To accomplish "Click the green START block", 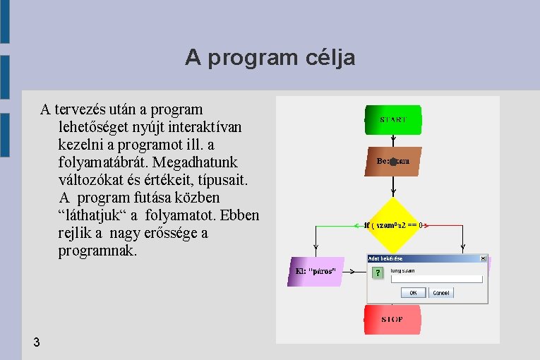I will [x=392, y=119].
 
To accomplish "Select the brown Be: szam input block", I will [x=393, y=161].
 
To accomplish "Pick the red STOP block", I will [x=392, y=319].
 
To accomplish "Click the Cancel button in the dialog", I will [x=441, y=292].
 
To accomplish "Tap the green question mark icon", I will [x=378, y=272].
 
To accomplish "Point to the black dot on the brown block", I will [x=393, y=162].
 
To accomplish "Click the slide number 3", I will [x=36, y=342].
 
